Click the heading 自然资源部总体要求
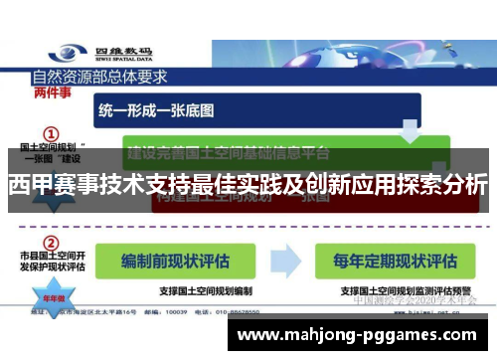pyautogui.click(x=99, y=76)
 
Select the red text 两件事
pyautogui.click(x=52, y=92)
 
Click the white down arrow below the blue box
pyautogui.click(x=409, y=128)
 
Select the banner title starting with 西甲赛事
pyautogui.click(x=248, y=185)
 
